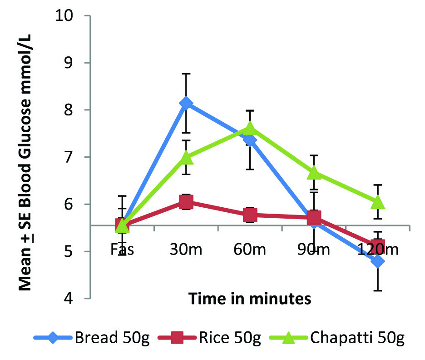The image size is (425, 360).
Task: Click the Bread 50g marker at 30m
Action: pos(186,104)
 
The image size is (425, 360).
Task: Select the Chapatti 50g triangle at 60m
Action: pos(250,129)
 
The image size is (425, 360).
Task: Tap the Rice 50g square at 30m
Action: pos(186,202)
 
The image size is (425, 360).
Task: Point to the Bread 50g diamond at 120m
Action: pos(378,261)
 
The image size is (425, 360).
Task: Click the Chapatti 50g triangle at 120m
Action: pos(378,202)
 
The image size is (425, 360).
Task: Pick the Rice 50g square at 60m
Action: pos(250,215)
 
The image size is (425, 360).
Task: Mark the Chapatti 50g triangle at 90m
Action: pos(314,173)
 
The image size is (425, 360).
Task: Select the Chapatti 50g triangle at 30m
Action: pos(186,158)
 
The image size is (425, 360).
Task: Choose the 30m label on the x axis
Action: pos(186,250)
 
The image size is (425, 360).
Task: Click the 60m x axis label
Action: pos(250,250)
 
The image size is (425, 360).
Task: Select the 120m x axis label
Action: pos(378,250)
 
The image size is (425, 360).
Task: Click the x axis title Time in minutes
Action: pos(250,299)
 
